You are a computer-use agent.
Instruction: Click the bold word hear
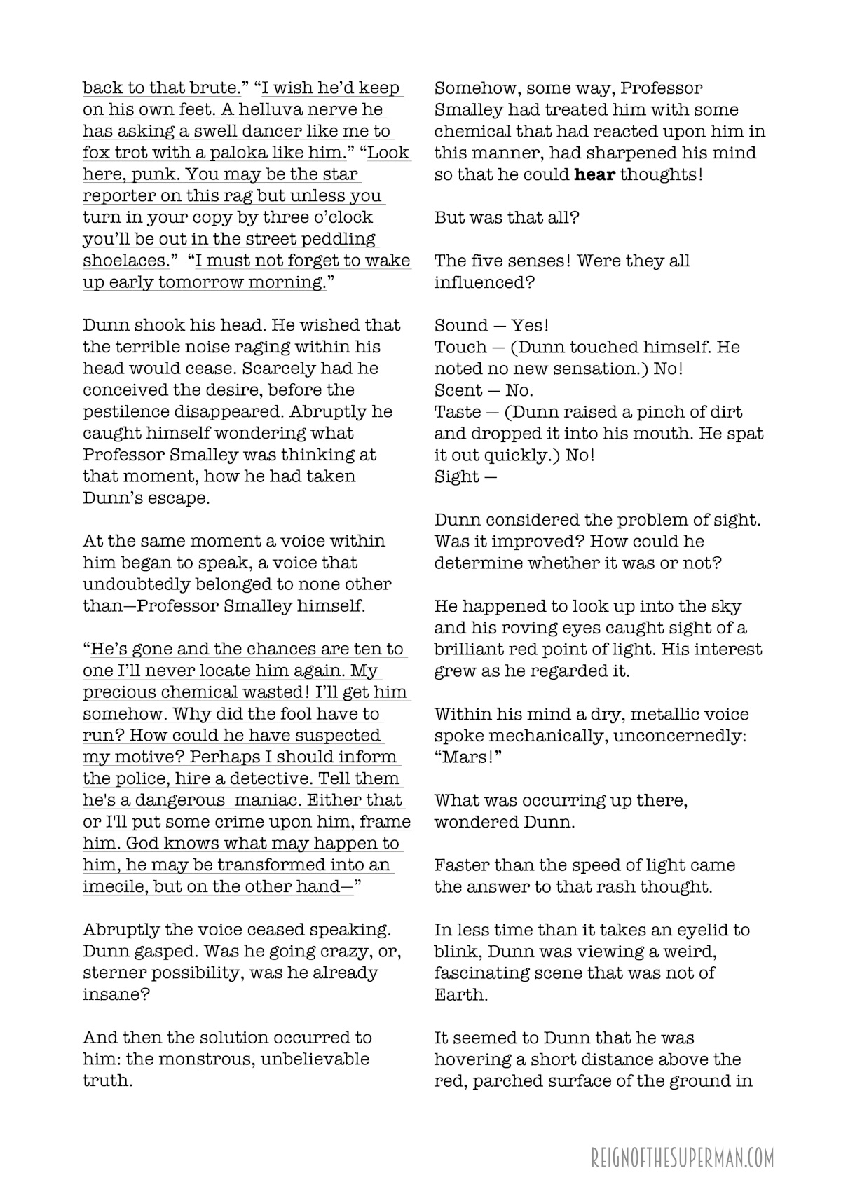pyautogui.click(x=594, y=174)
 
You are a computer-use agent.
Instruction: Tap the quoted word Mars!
pyautogui.click(x=467, y=757)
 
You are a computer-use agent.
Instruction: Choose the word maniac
pyautogui.click(x=263, y=800)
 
